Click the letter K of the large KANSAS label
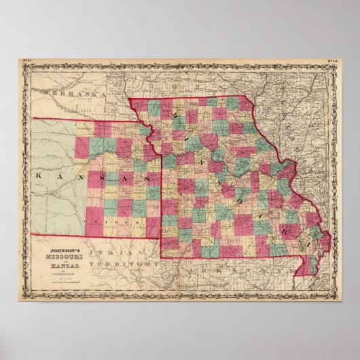point(38,174)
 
